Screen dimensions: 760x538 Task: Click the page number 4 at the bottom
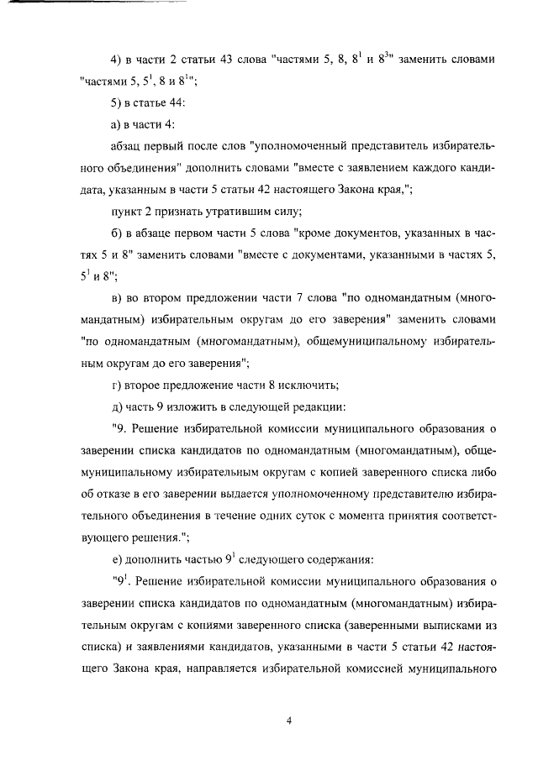[287, 721]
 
